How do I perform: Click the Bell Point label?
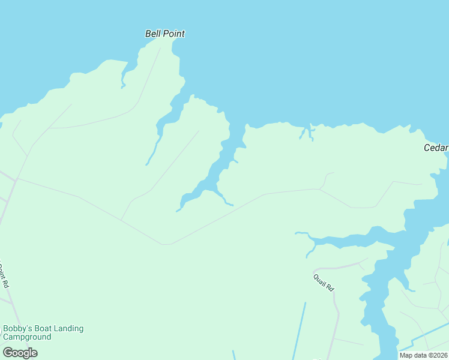tap(165, 34)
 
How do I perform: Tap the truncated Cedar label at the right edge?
tap(436, 148)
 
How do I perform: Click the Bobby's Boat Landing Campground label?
tap(43, 332)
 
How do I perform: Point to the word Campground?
tap(27, 337)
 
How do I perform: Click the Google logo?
tap(20, 352)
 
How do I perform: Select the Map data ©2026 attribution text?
tap(423, 355)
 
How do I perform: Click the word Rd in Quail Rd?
tap(330, 288)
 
